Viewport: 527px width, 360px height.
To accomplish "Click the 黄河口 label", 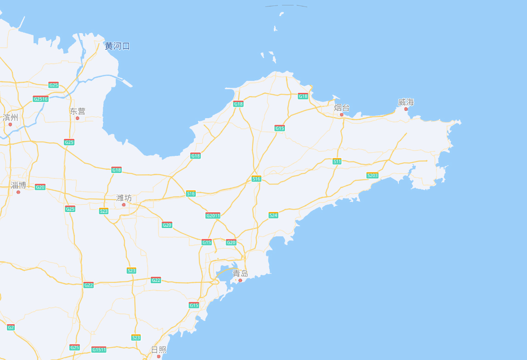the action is (117, 46).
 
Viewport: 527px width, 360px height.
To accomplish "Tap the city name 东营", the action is (78, 111).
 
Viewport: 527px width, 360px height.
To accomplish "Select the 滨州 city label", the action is (10, 117).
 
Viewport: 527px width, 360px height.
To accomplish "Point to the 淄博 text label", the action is (18, 185).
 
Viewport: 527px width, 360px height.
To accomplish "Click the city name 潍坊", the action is (124, 198).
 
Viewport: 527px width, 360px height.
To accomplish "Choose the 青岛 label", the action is (240, 274).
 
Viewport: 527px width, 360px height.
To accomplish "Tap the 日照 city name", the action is (159, 350).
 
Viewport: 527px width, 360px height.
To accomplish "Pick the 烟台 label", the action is (341, 108).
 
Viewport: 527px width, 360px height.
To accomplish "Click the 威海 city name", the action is (406, 102).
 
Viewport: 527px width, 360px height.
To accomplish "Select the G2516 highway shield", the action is (40, 99).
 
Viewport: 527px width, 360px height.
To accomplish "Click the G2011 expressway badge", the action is (213, 216).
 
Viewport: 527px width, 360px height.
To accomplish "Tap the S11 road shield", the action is (337, 161).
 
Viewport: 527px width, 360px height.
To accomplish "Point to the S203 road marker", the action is (372, 175).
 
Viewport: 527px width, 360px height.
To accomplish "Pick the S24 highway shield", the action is (273, 215).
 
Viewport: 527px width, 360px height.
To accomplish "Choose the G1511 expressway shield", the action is (99, 349).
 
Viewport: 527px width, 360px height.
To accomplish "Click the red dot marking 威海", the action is (406, 109).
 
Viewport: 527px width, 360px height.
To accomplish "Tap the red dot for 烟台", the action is (341, 114).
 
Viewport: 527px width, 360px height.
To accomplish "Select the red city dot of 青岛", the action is (240, 280).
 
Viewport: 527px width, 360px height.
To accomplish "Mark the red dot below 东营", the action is (77, 118).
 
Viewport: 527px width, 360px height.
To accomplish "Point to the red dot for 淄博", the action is (18, 192).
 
